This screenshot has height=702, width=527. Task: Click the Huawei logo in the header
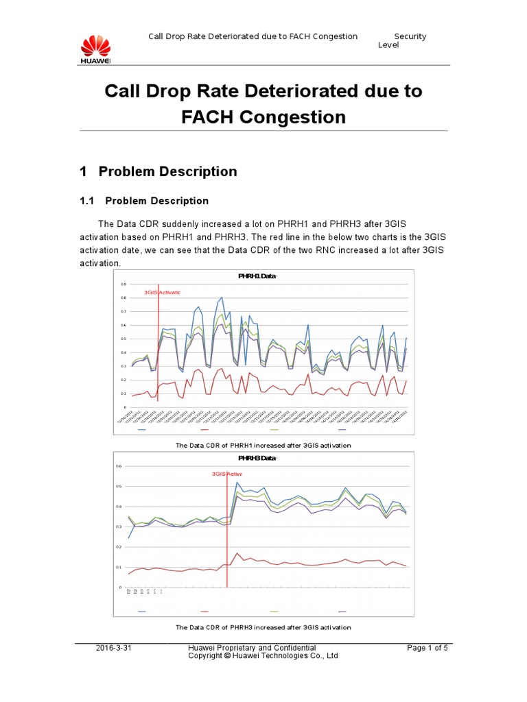click(95, 49)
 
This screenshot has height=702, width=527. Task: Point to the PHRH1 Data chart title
click(258, 276)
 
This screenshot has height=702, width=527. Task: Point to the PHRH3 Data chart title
click(258, 457)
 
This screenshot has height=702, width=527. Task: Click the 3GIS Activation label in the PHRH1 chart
click(162, 292)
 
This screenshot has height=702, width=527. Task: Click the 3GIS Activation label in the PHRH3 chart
click(226, 474)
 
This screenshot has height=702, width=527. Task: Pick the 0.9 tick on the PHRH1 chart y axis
click(124, 284)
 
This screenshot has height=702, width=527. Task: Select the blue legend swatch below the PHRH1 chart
click(142, 431)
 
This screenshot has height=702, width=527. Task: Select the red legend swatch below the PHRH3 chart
click(204, 611)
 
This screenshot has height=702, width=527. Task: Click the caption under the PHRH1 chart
click(263, 446)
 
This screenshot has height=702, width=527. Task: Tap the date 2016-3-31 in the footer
click(113, 647)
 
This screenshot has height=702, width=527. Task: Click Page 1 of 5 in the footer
click(427, 647)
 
